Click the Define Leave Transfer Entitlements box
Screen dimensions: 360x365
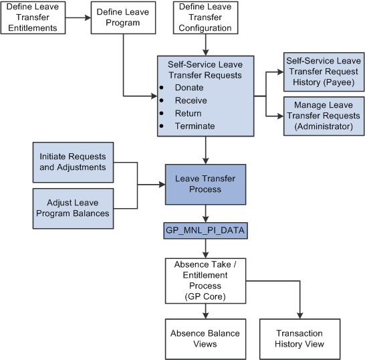[37, 18]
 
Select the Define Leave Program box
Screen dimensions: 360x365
[123, 18]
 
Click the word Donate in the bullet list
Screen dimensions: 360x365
[189, 88]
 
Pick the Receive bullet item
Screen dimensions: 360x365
[191, 100]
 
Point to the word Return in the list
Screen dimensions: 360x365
[188, 113]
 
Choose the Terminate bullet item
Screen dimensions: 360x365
[195, 126]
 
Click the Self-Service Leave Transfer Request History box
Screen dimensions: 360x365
[324, 71]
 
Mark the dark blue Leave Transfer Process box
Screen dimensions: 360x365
[207, 185]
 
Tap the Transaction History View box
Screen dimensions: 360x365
[299, 339]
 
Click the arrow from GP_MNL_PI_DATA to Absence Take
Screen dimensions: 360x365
[207, 247]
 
